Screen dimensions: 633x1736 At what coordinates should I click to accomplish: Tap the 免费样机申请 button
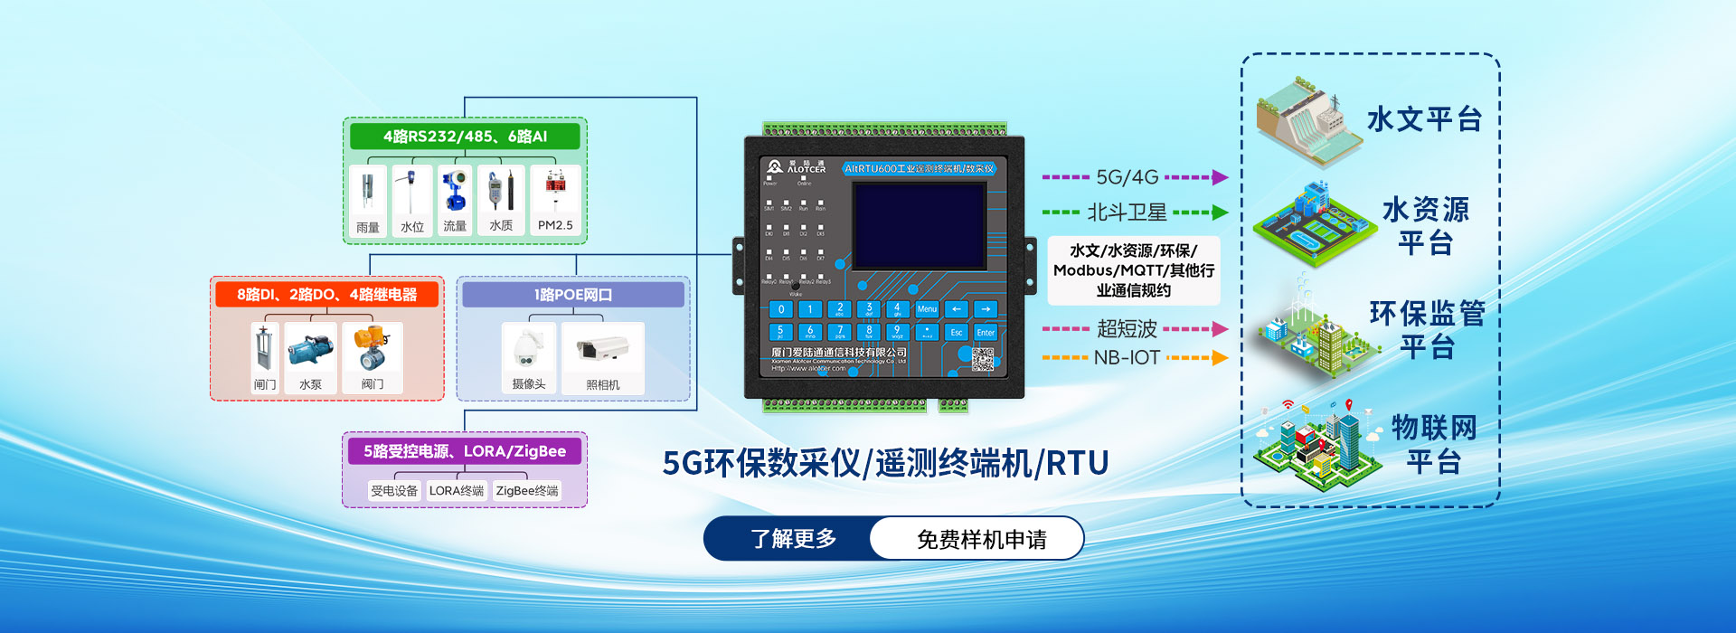pos(981,539)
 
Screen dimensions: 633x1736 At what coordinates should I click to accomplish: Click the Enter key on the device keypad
pos(986,332)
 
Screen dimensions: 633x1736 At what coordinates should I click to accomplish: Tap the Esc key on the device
pos(956,332)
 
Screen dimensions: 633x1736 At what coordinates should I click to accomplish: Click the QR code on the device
pos(983,359)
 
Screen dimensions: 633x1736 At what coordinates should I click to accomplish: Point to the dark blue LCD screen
pos(919,225)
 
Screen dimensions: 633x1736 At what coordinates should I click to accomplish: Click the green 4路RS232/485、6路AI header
pos(465,137)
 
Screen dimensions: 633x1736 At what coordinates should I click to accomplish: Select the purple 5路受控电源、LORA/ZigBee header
pos(465,451)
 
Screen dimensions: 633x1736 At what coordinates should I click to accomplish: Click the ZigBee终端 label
pos(527,491)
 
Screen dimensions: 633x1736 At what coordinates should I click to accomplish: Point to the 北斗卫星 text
pos(1127,213)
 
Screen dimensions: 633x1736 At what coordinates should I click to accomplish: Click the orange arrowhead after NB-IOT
pos(1220,358)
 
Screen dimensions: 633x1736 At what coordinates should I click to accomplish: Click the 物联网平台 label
pos(1433,444)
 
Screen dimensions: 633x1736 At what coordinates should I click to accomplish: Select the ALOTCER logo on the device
pos(796,167)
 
